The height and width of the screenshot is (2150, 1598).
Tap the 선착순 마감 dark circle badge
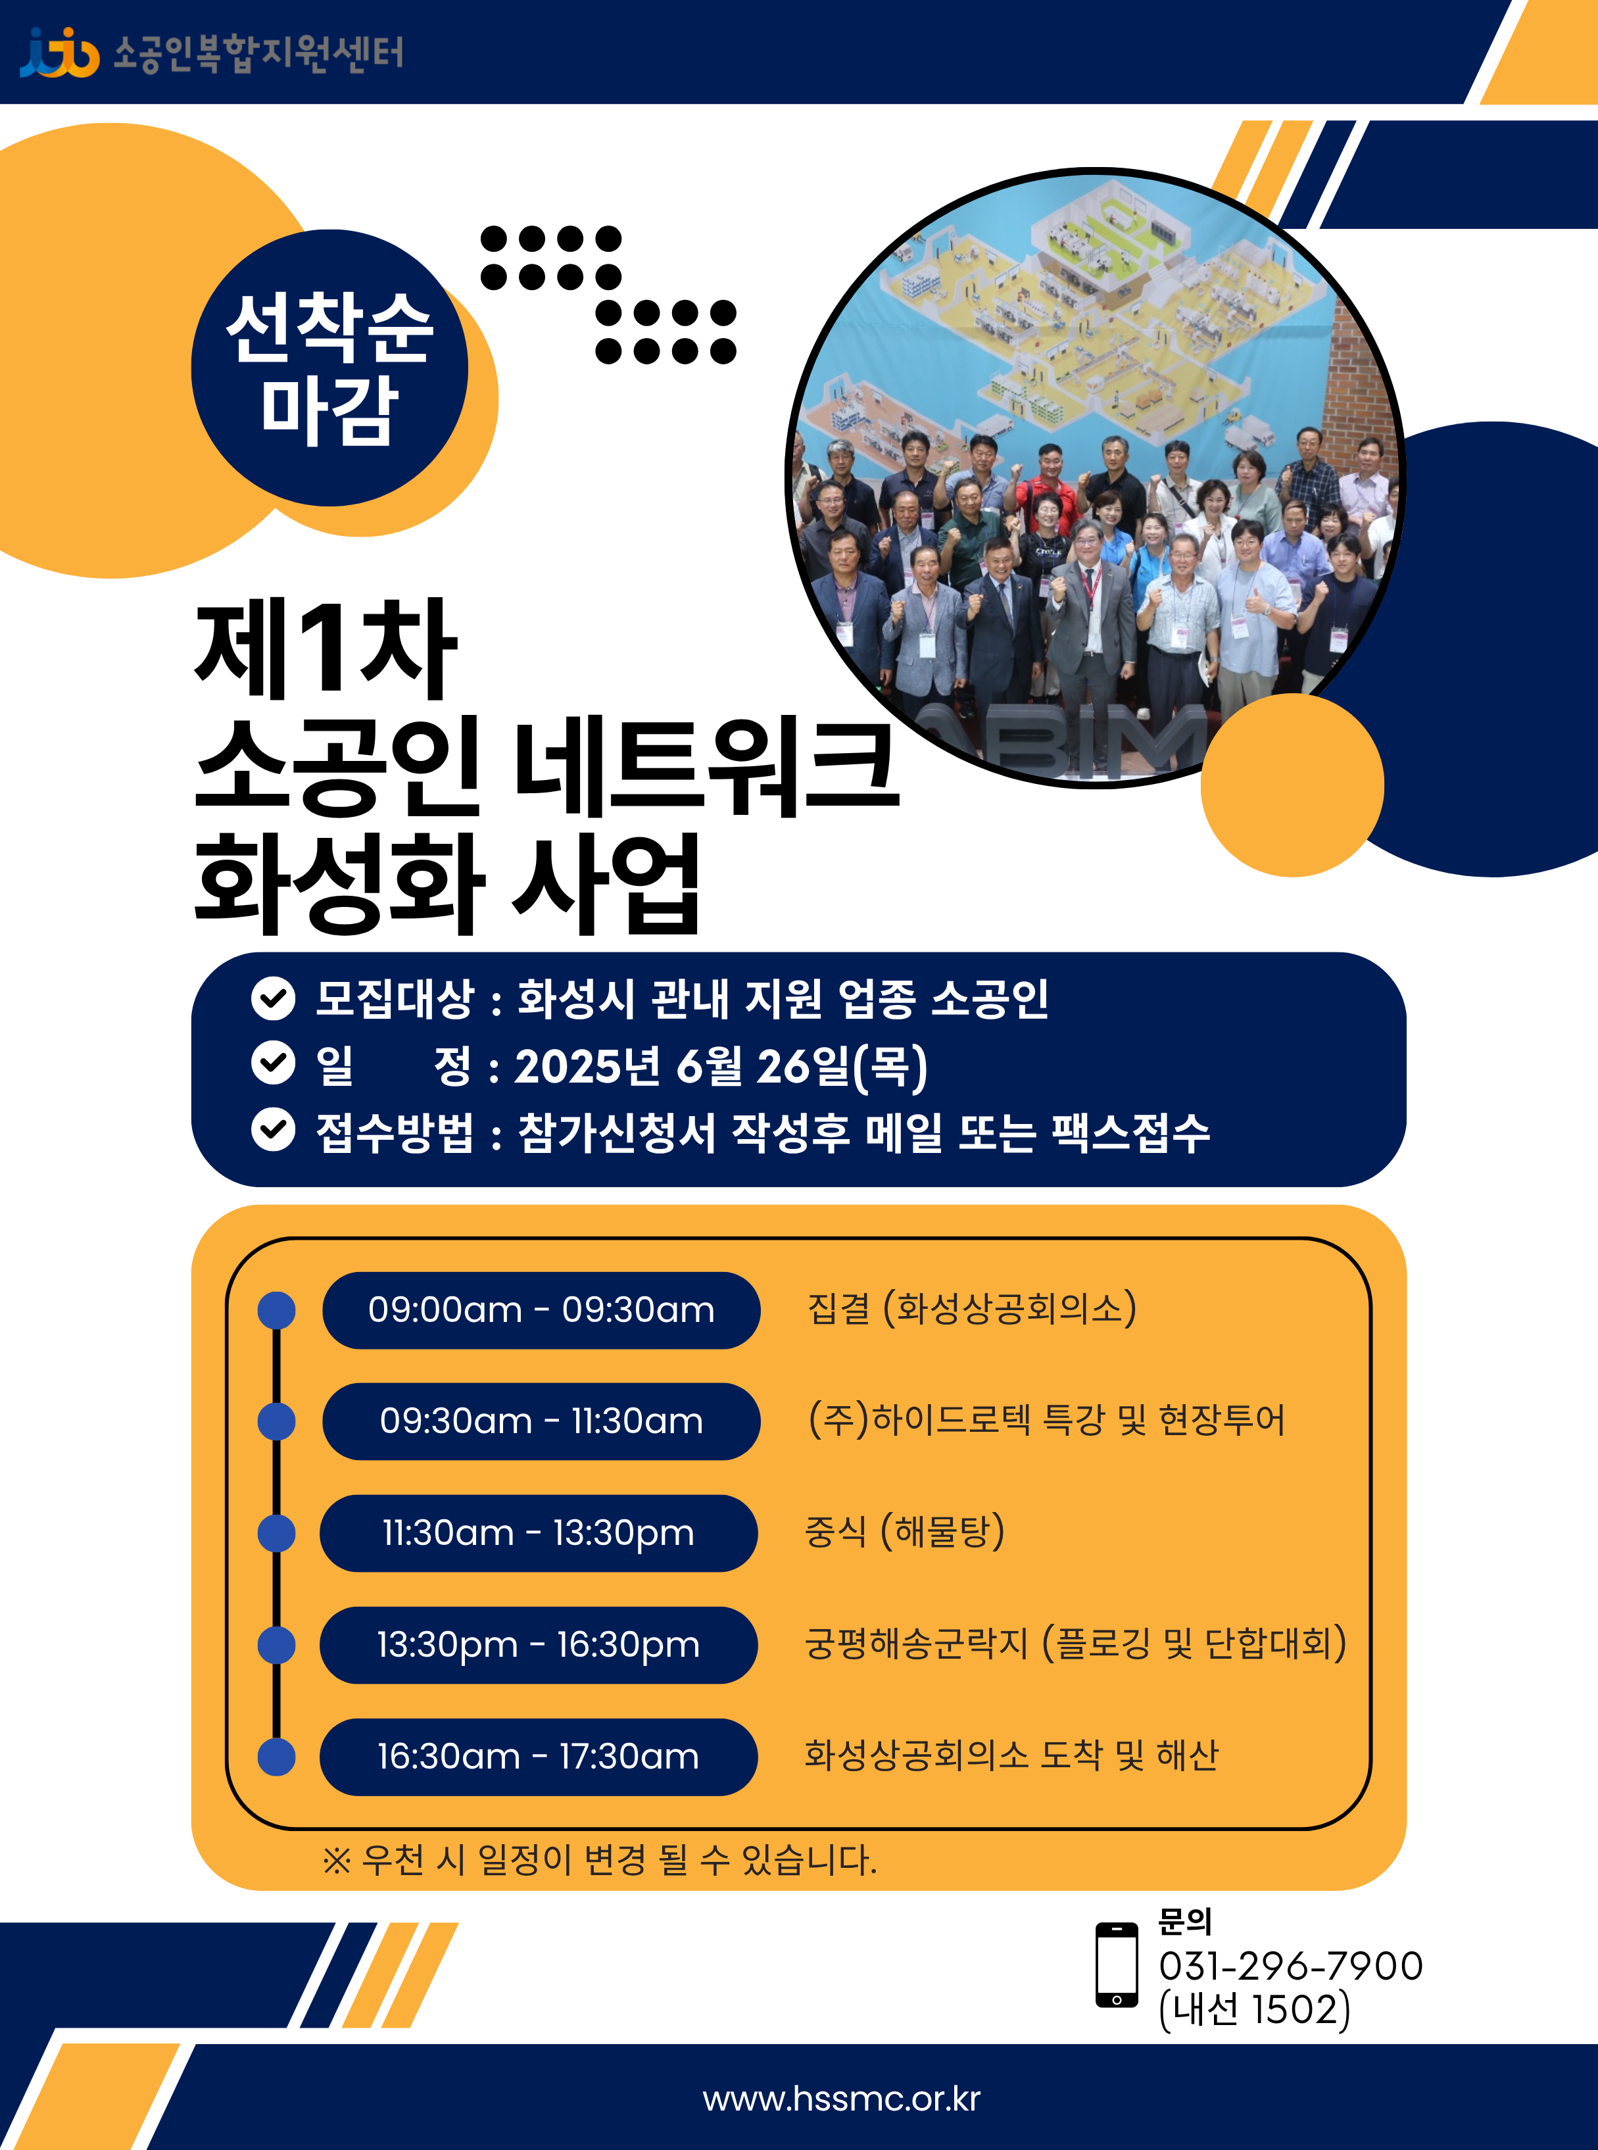point(330,368)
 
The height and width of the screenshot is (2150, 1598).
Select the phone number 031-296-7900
point(1290,1965)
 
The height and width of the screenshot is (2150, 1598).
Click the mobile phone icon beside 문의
point(1116,1965)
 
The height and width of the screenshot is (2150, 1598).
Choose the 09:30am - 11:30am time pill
point(541,1421)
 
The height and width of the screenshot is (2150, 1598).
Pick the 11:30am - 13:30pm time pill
point(539,1533)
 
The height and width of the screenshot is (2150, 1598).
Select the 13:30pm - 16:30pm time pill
point(539,1644)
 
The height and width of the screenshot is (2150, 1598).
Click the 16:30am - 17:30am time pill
point(539,1756)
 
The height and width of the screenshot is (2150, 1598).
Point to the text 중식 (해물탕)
point(904,1531)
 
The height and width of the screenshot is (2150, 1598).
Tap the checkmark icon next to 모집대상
point(274,998)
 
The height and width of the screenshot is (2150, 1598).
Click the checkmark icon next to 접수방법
point(274,1130)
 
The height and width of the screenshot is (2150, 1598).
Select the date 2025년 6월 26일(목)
point(721,1066)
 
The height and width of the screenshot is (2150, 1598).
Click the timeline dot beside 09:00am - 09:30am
point(277,1311)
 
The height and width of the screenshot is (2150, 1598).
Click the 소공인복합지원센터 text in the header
point(258,53)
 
